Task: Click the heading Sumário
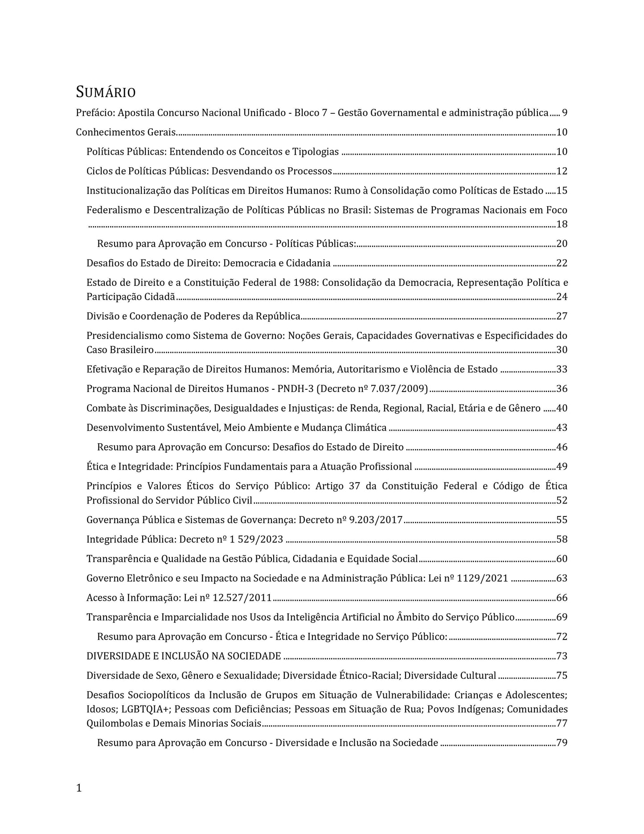[106, 92]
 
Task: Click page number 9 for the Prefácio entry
[564, 113]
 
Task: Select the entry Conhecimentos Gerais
[126, 132]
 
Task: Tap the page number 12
[562, 171]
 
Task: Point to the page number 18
[562, 224]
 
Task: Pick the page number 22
[562, 263]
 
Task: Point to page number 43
[562, 428]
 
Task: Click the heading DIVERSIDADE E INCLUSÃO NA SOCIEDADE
[184, 656]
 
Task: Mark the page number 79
[562, 743]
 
